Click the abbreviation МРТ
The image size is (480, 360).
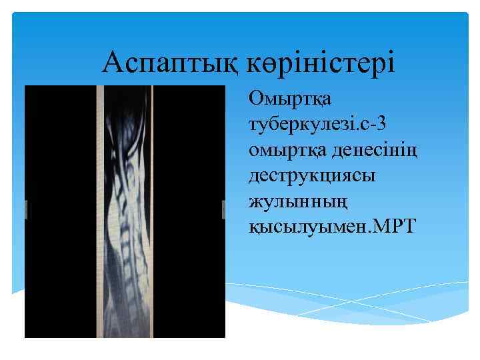pos(387,225)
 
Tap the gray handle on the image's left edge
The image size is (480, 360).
pos(26,209)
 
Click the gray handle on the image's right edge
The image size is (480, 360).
pos(224,209)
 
